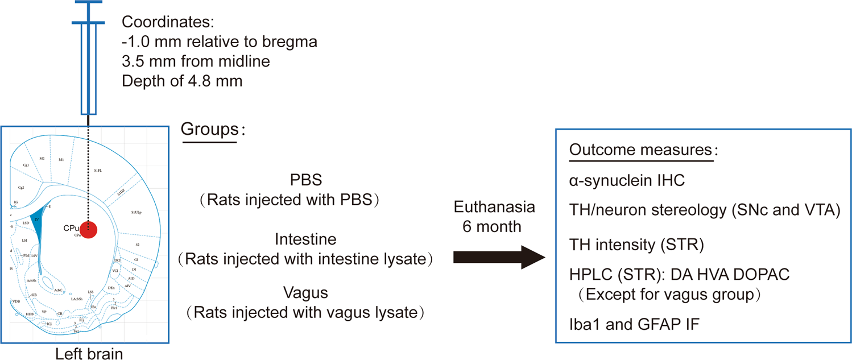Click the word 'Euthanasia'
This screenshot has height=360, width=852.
494,208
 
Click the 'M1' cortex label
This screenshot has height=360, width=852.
61,160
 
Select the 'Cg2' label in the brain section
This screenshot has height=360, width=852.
21,187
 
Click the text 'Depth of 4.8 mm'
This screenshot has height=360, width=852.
182,80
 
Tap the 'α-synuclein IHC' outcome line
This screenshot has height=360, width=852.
627,181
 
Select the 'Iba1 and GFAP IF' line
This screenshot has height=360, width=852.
634,324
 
